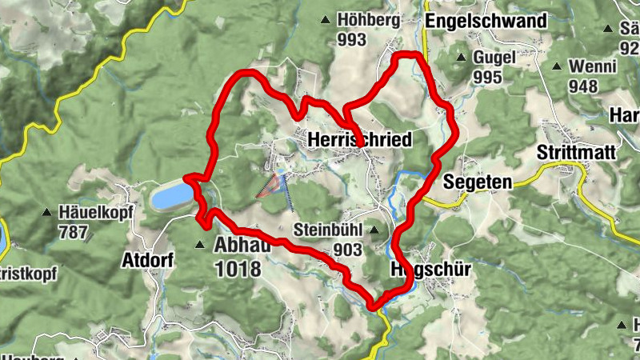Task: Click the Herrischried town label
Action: tap(359, 140)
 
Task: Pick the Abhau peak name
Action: tap(242, 247)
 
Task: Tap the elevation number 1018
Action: tap(238, 269)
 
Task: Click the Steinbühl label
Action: tap(329, 230)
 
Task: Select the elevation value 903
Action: tap(348, 250)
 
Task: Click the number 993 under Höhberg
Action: tap(352, 39)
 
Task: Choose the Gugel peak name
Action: tap(494, 58)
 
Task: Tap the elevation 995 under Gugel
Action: tap(487, 77)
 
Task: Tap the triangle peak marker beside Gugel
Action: tap(461, 58)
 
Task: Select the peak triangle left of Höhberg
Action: tap(326, 21)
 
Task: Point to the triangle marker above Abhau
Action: tap(199, 245)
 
